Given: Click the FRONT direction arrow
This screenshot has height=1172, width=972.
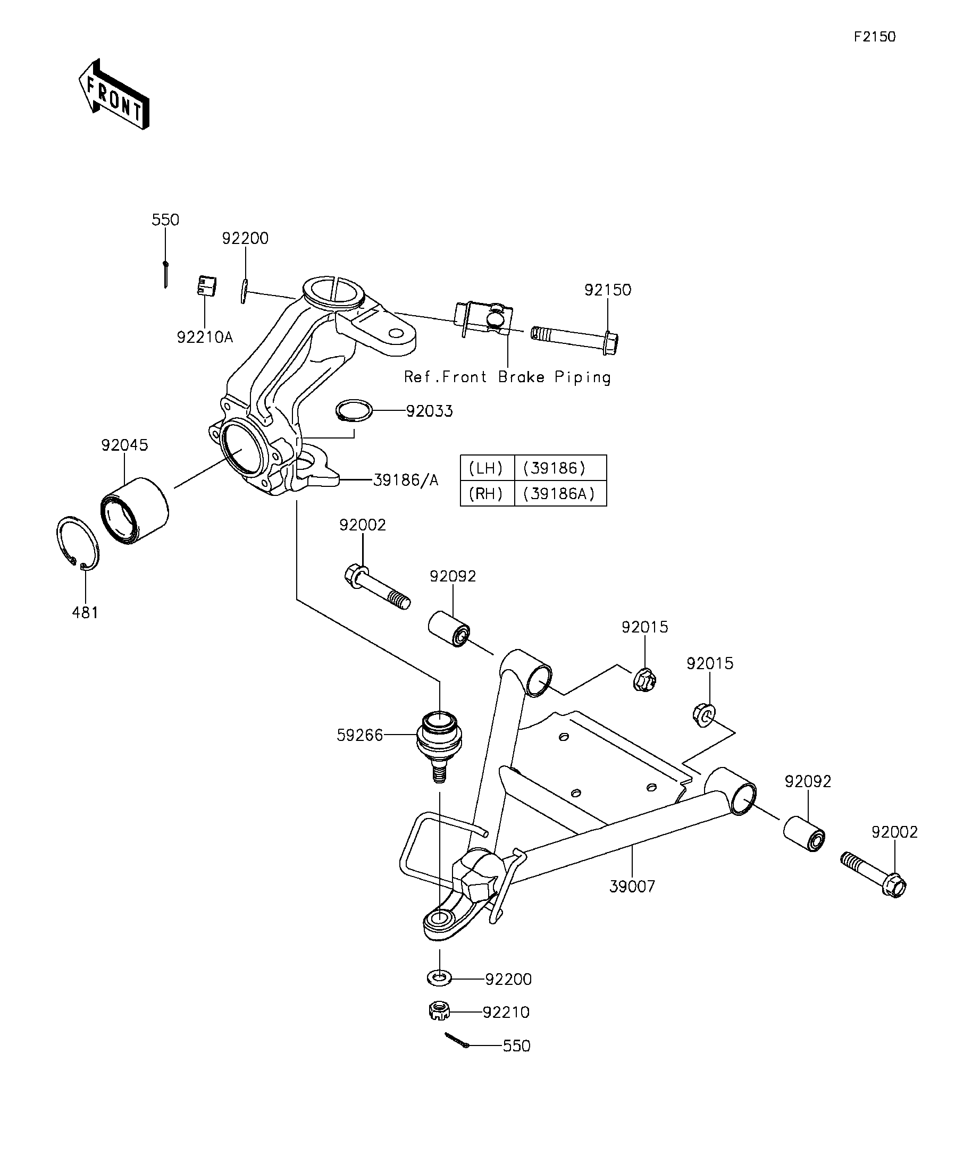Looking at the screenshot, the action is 114,94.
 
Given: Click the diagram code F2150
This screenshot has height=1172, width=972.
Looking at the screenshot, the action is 874,37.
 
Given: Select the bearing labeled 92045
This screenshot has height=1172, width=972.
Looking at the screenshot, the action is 135,510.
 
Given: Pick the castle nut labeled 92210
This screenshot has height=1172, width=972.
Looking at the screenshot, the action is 439,1011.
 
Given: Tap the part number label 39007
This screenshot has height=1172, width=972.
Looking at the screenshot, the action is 632,886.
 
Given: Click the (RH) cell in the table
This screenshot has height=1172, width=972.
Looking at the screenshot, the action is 487,493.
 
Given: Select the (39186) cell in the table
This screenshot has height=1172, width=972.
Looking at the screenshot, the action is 560,468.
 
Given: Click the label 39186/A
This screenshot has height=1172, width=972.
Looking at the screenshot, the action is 405,480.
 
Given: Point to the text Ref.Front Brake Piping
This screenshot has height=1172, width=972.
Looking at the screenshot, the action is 507,377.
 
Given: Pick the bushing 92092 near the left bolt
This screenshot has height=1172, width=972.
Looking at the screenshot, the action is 449,629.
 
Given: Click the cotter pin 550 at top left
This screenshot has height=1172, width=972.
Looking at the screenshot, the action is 165,274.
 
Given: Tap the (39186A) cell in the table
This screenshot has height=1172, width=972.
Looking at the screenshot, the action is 560,493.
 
